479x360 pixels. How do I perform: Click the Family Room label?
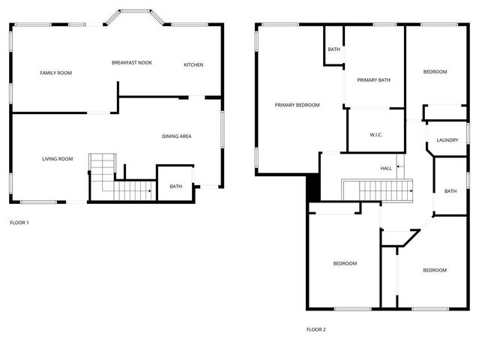coord(55,73)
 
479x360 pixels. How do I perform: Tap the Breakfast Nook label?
coord(132,62)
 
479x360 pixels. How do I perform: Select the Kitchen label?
coord(193,65)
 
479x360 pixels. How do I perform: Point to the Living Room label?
coord(57,159)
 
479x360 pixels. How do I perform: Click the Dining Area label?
coord(177,136)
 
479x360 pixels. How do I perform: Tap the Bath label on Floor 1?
coord(175,186)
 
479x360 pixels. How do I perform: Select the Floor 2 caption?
coord(316,329)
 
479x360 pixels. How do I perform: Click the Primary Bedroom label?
coord(297,105)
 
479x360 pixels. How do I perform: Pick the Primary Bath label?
coord(373,80)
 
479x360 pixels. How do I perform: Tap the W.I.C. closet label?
coord(376,135)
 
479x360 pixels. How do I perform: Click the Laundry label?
coord(448,140)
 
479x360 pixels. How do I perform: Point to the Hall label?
coord(386,169)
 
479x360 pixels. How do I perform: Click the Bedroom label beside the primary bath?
coord(435,72)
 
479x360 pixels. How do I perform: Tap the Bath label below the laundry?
coord(450,191)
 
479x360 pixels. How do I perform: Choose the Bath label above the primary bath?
coord(334,50)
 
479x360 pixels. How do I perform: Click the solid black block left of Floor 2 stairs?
coord(313,187)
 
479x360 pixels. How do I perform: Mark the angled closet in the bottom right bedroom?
coord(400,238)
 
